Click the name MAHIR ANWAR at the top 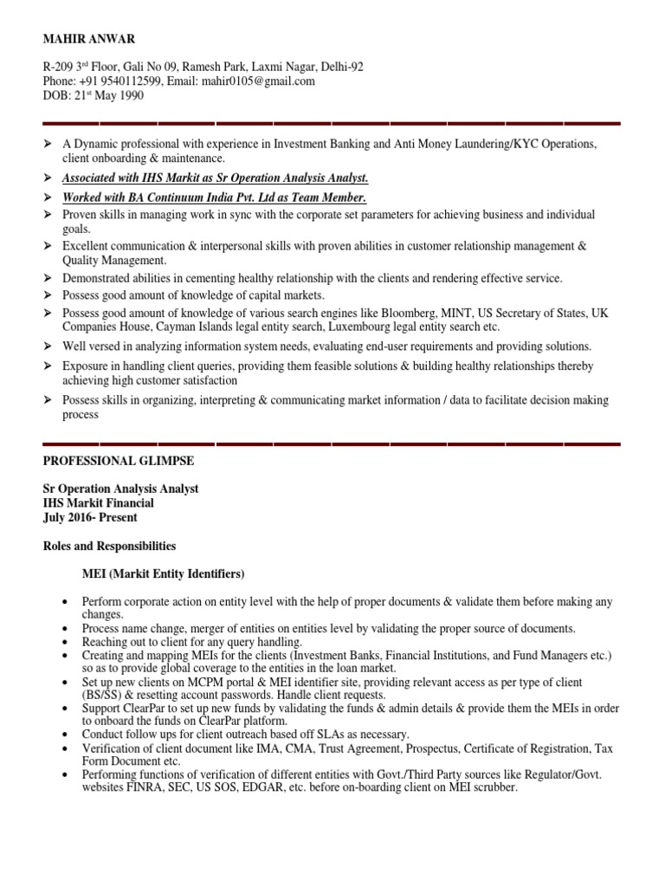click(x=84, y=40)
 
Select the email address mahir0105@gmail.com click(x=260, y=81)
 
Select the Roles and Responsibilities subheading click(x=109, y=547)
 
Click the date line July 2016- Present click(x=90, y=518)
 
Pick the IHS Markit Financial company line click(x=99, y=503)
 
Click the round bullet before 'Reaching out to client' click(x=66, y=643)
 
